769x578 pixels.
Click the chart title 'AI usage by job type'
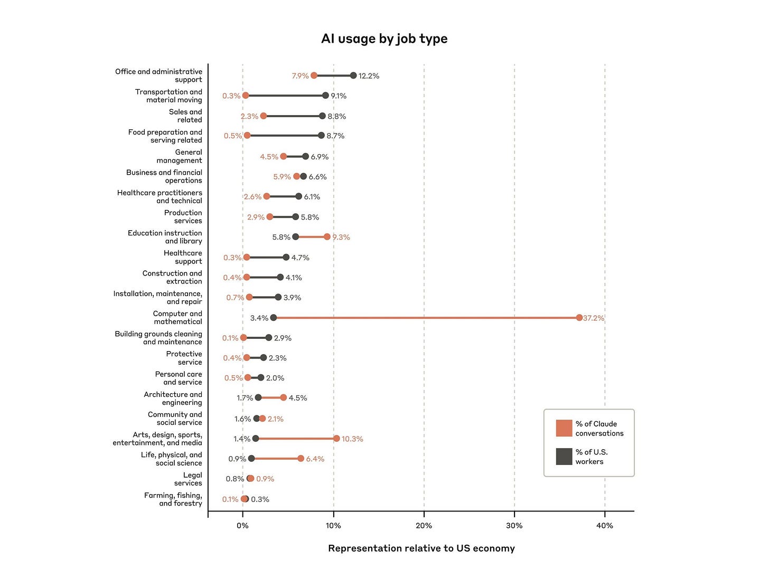click(384, 39)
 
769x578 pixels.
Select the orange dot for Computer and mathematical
click(579, 318)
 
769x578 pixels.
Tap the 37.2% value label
click(594, 318)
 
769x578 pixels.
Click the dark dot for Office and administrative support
click(353, 75)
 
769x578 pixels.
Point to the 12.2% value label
click(369, 76)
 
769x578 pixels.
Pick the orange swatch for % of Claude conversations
click(564, 428)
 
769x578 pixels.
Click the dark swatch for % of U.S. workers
click(564, 457)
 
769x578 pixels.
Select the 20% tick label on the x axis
click(424, 526)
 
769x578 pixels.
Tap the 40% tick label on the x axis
click(605, 526)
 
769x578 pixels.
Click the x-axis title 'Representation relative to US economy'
click(421, 548)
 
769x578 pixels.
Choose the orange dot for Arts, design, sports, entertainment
click(336, 439)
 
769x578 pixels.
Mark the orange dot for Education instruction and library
click(327, 237)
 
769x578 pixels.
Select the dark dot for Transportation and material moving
click(325, 96)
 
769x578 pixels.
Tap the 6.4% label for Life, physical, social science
click(315, 459)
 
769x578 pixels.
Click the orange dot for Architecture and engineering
click(284, 397)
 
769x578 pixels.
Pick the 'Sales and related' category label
click(185, 116)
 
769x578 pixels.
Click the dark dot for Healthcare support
click(286, 258)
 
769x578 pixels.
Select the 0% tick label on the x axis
click(242, 526)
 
